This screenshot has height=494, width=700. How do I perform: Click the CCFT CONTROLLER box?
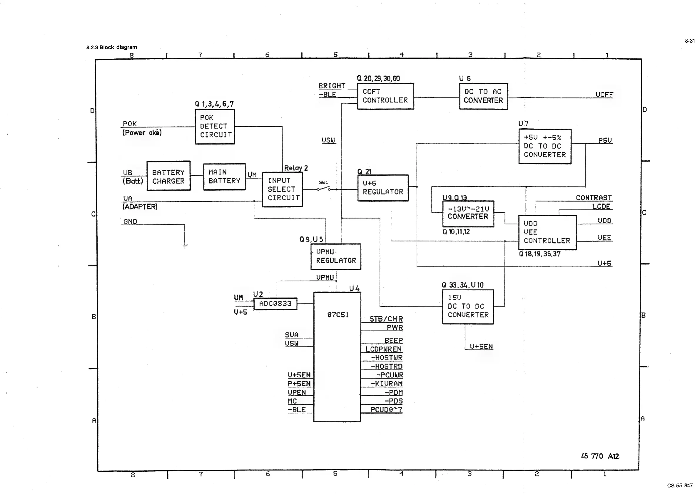click(x=385, y=96)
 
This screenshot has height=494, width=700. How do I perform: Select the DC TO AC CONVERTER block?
click(x=484, y=96)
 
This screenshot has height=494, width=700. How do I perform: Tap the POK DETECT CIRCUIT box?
click(x=215, y=126)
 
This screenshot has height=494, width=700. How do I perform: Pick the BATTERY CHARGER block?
click(x=168, y=176)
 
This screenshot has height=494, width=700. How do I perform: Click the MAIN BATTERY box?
click(x=224, y=177)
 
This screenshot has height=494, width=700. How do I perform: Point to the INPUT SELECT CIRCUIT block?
click(x=282, y=189)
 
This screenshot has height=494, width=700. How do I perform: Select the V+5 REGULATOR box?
click(x=383, y=188)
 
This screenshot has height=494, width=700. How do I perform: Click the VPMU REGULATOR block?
click(x=336, y=256)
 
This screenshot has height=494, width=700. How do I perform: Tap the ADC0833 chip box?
click(x=275, y=304)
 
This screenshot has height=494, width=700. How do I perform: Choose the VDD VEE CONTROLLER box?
click(x=547, y=232)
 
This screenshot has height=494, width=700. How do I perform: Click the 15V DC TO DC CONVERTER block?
click(x=468, y=306)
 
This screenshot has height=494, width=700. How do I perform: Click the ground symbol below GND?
click(x=185, y=246)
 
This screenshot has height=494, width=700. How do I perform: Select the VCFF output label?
click(x=604, y=95)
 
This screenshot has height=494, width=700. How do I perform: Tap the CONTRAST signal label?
click(x=593, y=198)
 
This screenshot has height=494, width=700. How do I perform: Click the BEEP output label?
click(x=394, y=340)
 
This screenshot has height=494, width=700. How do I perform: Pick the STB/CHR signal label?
click(x=386, y=319)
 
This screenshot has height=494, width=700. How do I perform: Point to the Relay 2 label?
click(x=296, y=168)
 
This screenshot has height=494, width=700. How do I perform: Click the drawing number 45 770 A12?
click(x=600, y=456)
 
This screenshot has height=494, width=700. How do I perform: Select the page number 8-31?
click(x=690, y=41)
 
